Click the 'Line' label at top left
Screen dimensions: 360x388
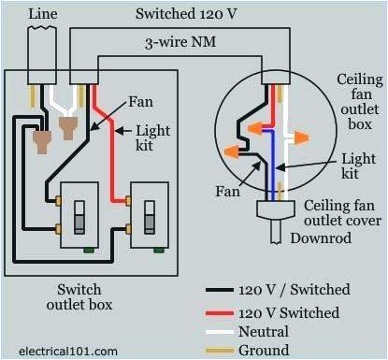pos(43,14)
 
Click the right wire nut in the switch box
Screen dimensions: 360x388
pos(68,125)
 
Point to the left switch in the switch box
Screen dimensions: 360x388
pos(80,213)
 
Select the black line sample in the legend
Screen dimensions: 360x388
pos(222,290)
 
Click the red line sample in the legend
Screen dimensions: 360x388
pos(222,312)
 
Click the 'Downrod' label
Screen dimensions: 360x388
pos(301,238)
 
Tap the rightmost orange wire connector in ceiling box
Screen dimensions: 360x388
pos(301,137)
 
